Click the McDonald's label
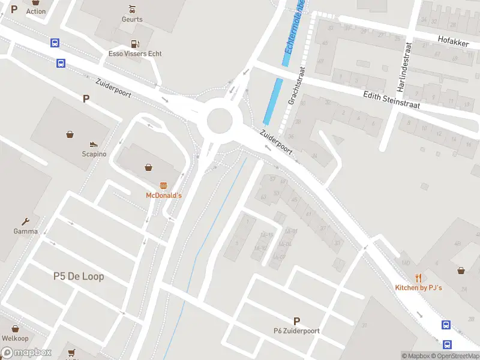click(164, 196)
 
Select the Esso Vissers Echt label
click(135, 54)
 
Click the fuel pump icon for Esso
click(135, 44)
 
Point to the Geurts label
click(132, 19)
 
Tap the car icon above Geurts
click(132, 9)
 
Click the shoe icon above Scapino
click(94, 144)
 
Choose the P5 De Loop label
click(79, 277)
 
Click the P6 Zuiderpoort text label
click(296, 331)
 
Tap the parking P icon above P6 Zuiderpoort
click(296, 321)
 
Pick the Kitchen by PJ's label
click(418, 288)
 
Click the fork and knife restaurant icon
click(418, 278)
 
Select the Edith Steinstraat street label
click(391, 100)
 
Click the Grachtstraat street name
click(297, 86)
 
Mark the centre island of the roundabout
click(220, 121)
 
